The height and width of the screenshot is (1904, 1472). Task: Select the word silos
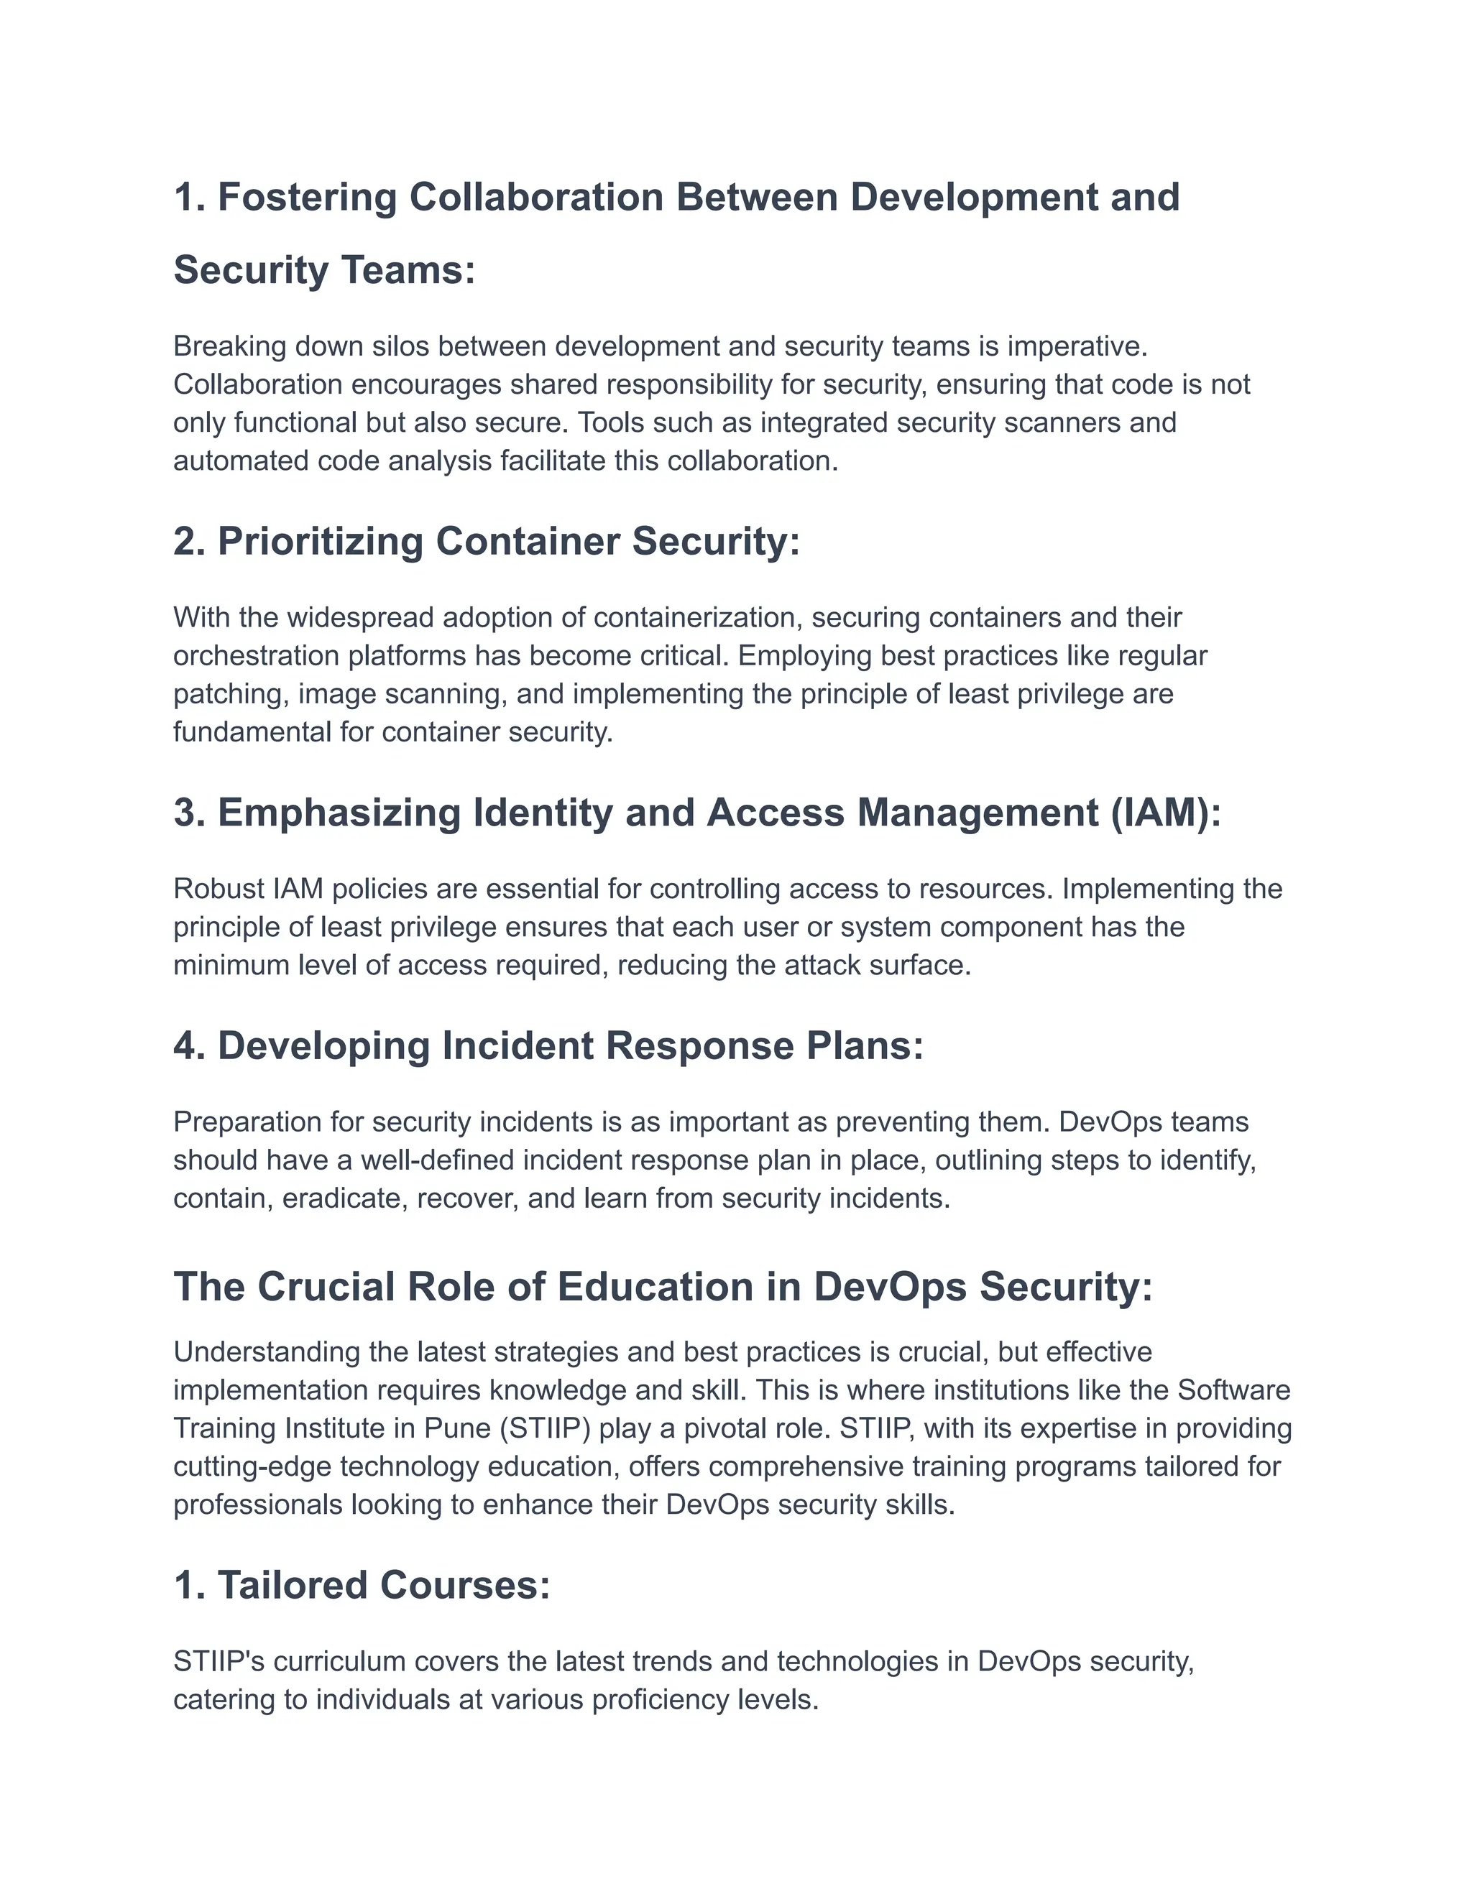[400, 346]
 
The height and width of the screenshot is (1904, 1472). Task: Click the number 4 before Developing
[185, 1046]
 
